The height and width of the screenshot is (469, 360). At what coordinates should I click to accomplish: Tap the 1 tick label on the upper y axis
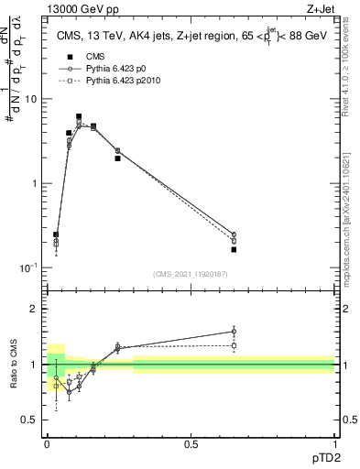(x=34, y=183)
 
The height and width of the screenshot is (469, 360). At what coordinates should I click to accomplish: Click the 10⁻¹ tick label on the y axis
(x=28, y=267)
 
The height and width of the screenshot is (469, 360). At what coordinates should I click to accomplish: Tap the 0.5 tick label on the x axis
(x=191, y=442)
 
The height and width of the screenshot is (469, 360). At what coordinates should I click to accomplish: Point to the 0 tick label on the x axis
(x=46, y=442)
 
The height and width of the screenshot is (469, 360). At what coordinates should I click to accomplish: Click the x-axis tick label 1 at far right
(x=335, y=442)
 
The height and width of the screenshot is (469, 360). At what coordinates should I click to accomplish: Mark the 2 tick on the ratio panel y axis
(x=34, y=309)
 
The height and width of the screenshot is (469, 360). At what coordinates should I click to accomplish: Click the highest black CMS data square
(x=79, y=116)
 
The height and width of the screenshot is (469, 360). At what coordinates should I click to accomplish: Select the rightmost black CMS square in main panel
(x=234, y=249)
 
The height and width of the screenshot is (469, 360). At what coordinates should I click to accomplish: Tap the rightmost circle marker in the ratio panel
(x=234, y=332)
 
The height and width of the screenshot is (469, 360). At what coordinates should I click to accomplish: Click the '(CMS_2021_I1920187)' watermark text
(x=190, y=273)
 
